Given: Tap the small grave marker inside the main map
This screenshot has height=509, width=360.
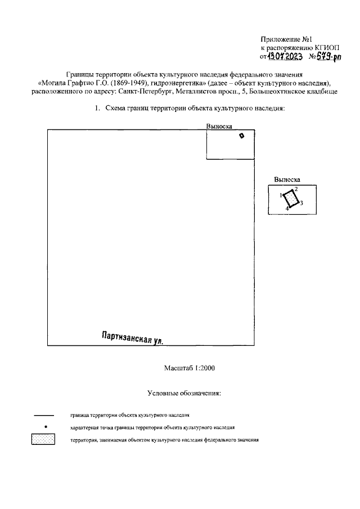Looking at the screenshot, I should [242, 136].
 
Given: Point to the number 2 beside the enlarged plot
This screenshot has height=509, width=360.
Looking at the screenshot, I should [296, 189].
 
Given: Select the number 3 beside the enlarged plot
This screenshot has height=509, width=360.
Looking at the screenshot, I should [302, 203].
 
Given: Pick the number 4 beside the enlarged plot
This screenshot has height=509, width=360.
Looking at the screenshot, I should [286, 209].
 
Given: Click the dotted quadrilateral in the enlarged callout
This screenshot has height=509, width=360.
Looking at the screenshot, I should [290, 199].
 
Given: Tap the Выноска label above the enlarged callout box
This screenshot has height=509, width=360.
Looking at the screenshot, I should [287, 179].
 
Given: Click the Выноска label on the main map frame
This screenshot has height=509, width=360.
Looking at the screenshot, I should [220, 127].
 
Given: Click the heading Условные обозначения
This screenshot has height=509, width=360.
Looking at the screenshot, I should [184, 393].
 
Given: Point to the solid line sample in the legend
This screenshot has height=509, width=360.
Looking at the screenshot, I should [44, 416].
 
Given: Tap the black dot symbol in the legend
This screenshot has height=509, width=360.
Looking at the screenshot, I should [43, 427].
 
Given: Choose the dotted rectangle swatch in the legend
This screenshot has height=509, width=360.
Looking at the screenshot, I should [43, 440].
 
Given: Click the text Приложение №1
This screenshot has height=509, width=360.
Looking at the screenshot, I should [286, 39].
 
